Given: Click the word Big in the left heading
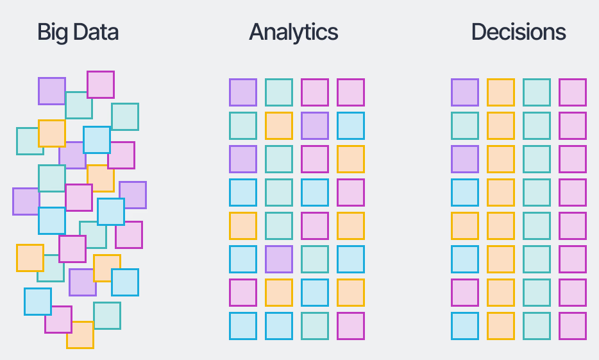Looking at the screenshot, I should click(53, 32).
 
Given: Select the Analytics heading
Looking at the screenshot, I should click(293, 32).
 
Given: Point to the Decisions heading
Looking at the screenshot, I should click(518, 32).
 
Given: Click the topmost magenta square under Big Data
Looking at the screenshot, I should click(101, 84).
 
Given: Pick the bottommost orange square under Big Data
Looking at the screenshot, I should click(80, 335).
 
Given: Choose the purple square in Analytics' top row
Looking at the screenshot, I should click(243, 92).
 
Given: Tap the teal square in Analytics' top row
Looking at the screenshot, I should click(279, 92).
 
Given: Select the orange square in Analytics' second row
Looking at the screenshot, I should click(279, 126).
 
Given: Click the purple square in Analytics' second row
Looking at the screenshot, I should click(315, 126).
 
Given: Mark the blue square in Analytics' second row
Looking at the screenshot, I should click(351, 126).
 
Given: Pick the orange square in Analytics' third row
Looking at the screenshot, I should click(351, 159).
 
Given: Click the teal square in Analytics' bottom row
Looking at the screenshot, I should click(315, 326).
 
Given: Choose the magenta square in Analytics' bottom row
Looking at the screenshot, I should click(351, 326).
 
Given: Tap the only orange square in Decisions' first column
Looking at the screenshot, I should click(465, 226).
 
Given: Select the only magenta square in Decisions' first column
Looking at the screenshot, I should click(465, 293).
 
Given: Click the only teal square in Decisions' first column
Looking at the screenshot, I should click(465, 126).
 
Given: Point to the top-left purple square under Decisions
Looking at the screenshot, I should click(465, 92).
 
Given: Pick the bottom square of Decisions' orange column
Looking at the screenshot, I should click(501, 326).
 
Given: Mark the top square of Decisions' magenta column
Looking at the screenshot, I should click(573, 92).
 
